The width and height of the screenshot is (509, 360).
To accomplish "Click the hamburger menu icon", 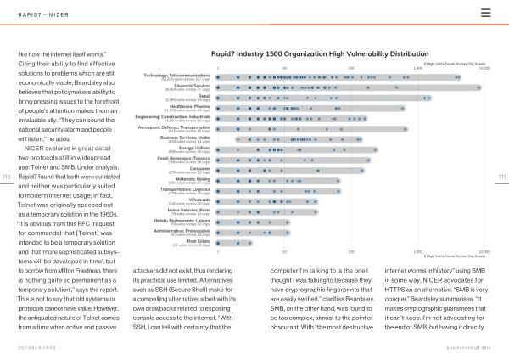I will (x=485, y=12).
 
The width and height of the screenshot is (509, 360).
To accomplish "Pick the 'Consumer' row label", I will (x=199, y=168).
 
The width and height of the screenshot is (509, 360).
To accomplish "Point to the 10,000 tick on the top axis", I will (x=484, y=68).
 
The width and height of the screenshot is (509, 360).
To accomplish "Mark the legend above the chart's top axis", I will (x=454, y=63).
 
